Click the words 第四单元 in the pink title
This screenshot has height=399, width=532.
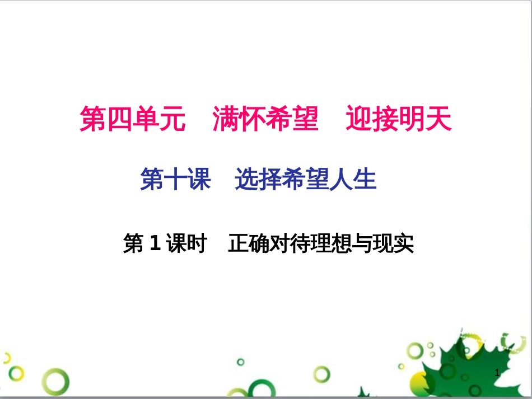click(132, 119)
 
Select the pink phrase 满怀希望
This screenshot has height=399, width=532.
click(265, 119)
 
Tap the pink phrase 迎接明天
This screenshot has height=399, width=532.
click(398, 119)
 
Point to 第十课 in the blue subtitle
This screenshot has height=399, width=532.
click(175, 180)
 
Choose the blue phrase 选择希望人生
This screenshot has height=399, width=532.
click(305, 180)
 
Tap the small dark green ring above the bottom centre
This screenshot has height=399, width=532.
click(240, 362)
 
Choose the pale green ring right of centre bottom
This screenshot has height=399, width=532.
click(321, 374)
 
